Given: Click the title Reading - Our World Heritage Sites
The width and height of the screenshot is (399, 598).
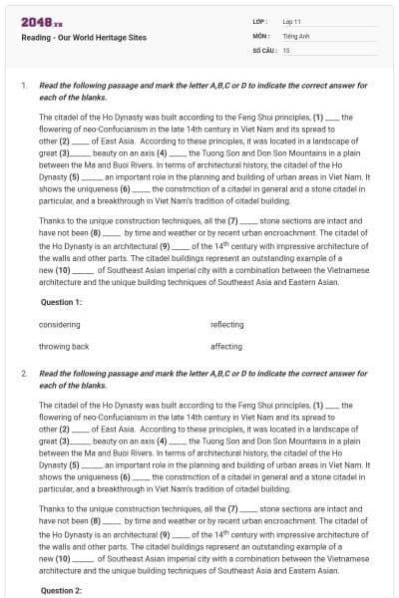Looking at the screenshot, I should [84, 38].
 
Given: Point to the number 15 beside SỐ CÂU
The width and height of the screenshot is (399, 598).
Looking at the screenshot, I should [286, 49].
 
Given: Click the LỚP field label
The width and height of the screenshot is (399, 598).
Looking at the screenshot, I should [258, 21].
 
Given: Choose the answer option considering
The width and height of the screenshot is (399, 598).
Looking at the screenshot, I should [59, 325].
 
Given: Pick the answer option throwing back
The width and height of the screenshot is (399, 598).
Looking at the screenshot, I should [64, 346].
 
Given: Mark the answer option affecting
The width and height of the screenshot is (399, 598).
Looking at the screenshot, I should [226, 346].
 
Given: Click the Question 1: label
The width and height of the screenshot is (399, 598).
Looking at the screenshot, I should [62, 301].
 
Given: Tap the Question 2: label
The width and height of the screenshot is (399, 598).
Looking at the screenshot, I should [62, 590].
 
